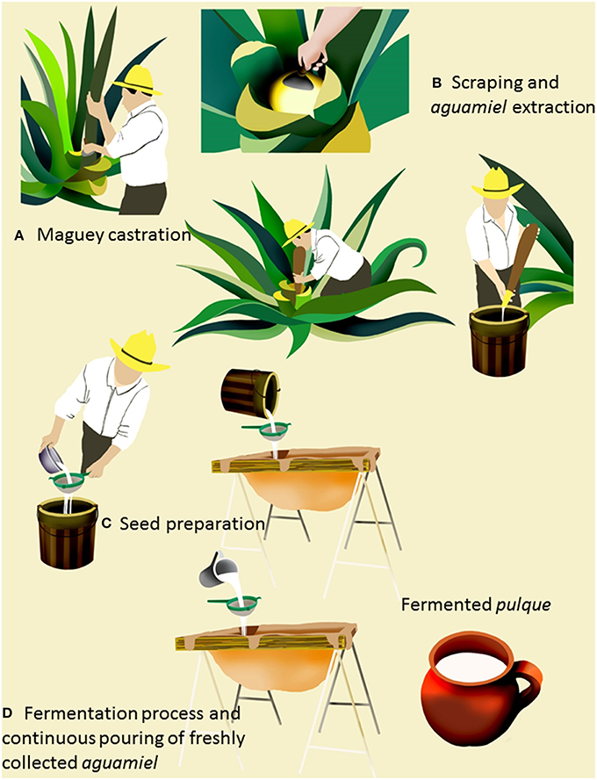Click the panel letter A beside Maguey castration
(x=19, y=235)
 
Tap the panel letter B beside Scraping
(x=436, y=83)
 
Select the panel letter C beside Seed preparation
(x=106, y=523)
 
